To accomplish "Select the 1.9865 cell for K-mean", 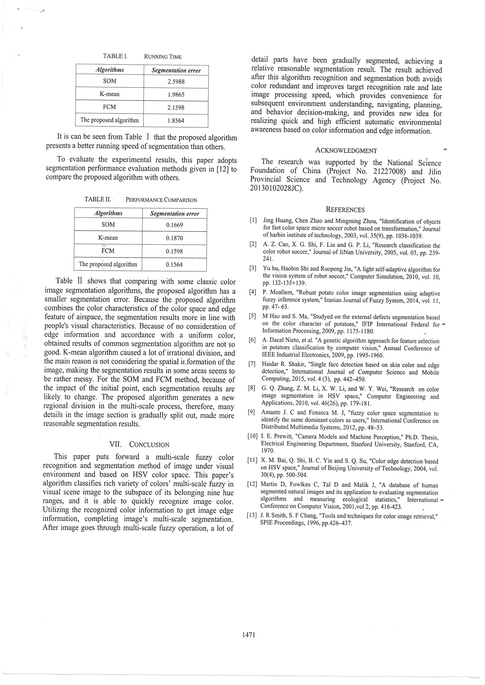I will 176,95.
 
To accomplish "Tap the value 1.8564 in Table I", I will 176,121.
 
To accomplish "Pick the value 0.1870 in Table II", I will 174,238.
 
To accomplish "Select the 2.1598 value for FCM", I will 176,108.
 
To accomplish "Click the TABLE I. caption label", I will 115,56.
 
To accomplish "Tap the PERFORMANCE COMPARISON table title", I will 161,200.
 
